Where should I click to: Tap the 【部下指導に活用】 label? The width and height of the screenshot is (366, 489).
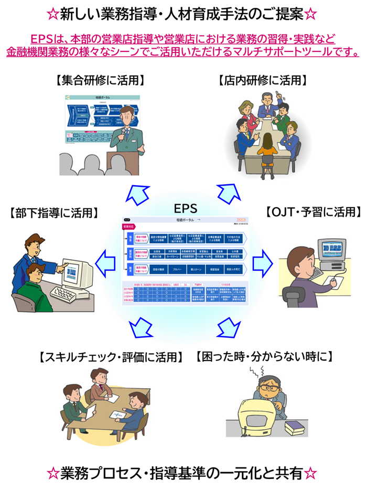(x=55, y=213)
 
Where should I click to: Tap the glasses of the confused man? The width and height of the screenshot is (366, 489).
(x=270, y=389)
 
